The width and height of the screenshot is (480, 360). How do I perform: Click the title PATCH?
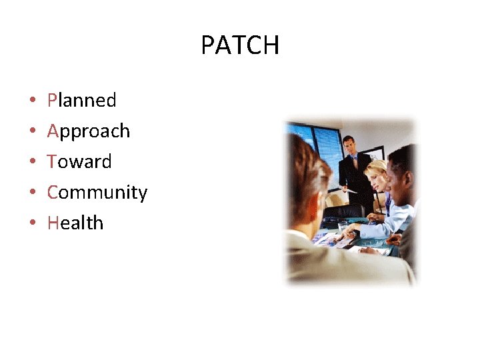pos(240,45)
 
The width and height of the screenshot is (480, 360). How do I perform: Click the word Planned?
pos(81,101)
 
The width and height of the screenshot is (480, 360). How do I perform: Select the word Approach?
pos(88,131)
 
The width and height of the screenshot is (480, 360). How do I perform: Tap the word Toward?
pos(79,162)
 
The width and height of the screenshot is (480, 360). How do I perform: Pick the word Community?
pos(97,193)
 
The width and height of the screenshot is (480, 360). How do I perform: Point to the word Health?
pos(75,223)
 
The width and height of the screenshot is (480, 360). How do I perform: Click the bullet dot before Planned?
pos(32,101)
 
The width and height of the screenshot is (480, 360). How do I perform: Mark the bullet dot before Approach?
pos(32,132)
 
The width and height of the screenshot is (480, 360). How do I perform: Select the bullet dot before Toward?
pos(32,163)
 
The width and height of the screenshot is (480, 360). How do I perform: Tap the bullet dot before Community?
pos(32,193)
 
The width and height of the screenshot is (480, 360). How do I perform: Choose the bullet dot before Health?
pos(32,224)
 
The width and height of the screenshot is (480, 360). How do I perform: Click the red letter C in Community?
pos(53,193)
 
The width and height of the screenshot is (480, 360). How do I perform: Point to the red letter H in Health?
pos(53,223)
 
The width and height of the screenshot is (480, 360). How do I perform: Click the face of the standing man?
pos(349,145)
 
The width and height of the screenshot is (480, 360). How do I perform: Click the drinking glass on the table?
pos(343,229)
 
